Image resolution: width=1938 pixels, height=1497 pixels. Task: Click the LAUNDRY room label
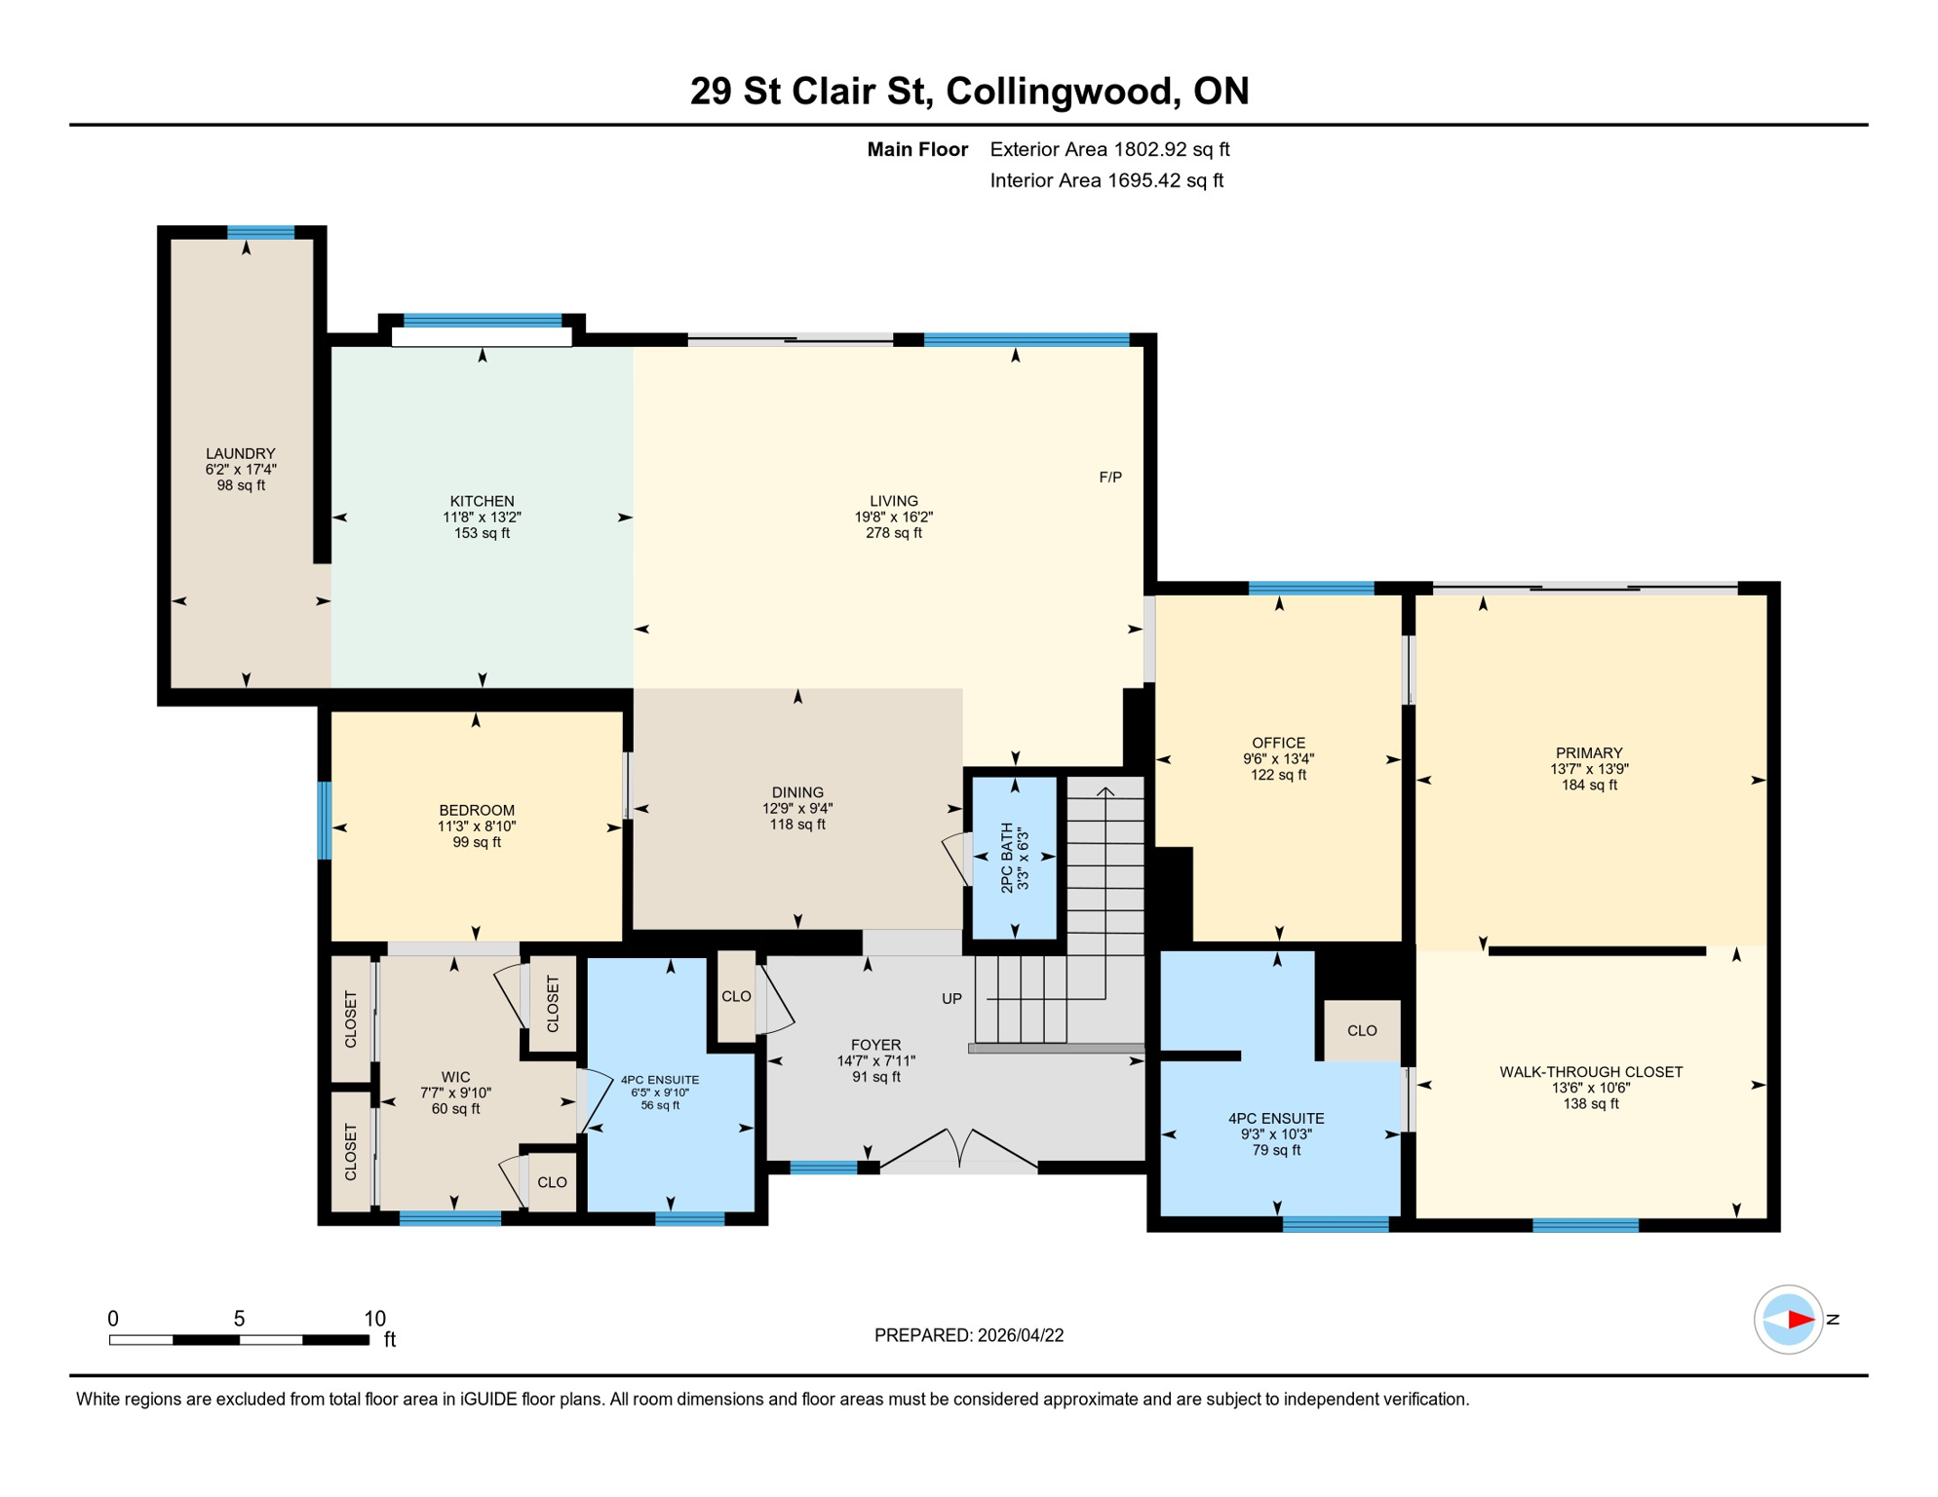[x=241, y=453]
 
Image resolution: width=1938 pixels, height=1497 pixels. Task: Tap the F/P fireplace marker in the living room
[x=1110, y=478]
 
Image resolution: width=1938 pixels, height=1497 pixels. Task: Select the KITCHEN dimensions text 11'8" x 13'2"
[x=482, y=518]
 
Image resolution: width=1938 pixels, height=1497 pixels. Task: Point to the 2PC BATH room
[x=1015, y=858]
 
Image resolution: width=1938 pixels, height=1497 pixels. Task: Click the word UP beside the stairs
[x=951, y=999]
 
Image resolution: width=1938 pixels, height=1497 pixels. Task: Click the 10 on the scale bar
[x=374, y=1319]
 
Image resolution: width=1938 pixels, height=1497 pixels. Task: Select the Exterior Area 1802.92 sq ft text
[x=1109, y=149]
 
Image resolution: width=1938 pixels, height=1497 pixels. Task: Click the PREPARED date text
[x=969, y=1335]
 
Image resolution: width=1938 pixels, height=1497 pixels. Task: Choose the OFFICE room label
[x=1278, y=743]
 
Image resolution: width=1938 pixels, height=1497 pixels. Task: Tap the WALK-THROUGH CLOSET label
[x=1590, y=1072]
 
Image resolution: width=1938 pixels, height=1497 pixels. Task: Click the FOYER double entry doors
[x=959, y=1150]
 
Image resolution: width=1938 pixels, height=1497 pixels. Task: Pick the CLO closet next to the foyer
[x=736, y=996]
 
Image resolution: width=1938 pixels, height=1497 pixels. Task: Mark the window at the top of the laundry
[x=261, y=232]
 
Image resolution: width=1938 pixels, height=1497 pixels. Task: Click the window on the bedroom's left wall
[x=325, y=821]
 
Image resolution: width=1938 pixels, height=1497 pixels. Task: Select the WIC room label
[x=455, y=1077]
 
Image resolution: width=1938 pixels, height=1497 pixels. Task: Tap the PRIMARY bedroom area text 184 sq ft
[x=1589, y=785]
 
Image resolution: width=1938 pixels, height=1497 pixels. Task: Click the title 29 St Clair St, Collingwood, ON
[x=969, y=91]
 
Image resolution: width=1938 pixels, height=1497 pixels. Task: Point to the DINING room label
[x=797, y=792]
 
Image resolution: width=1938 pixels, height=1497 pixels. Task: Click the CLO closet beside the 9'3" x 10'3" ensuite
[x=1362, y=1030]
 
